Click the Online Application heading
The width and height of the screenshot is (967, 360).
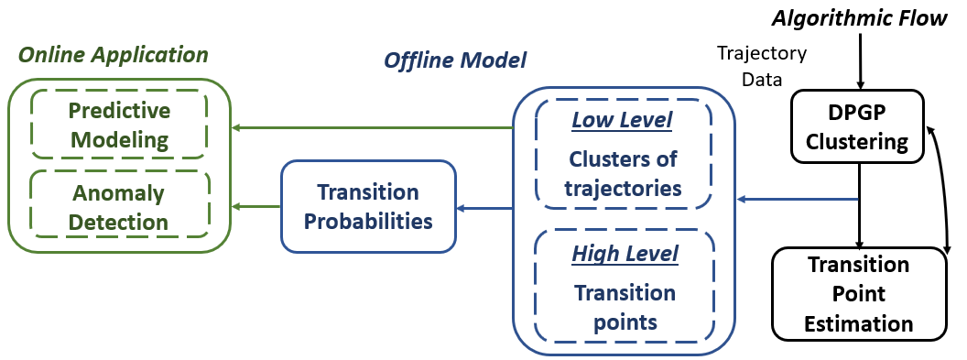click(x=114, y=56)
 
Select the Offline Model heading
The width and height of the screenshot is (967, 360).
click(x=455, y=60)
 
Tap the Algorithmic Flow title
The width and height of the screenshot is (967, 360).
click(x=860, y=18)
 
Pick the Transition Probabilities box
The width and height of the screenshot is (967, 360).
click(x=368, y=206)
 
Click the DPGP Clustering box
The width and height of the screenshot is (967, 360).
click(x=857, y=126)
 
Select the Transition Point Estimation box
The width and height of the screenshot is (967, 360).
click(x=859, y=293)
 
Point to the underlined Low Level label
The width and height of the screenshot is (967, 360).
click(x=622, y=120)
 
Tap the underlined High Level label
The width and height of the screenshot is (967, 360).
click(x=625, y=253)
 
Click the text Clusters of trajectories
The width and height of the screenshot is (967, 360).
click(x=623, y=172)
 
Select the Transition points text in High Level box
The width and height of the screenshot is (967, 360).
click(x=625, y=307)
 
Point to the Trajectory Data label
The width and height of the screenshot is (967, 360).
click(x=762, y=66)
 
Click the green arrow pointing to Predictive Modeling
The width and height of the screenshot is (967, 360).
click(x=372, y=128)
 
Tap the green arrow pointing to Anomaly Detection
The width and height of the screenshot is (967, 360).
click(x=255, y=206)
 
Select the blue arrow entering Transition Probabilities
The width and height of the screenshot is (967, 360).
click(x=484, y=208)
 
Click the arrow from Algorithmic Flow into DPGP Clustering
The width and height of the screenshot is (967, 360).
click(x=862, y=60)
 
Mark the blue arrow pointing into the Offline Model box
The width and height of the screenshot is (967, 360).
click(x=799, y=199)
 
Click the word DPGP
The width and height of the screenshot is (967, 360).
click(x=857, y=114)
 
